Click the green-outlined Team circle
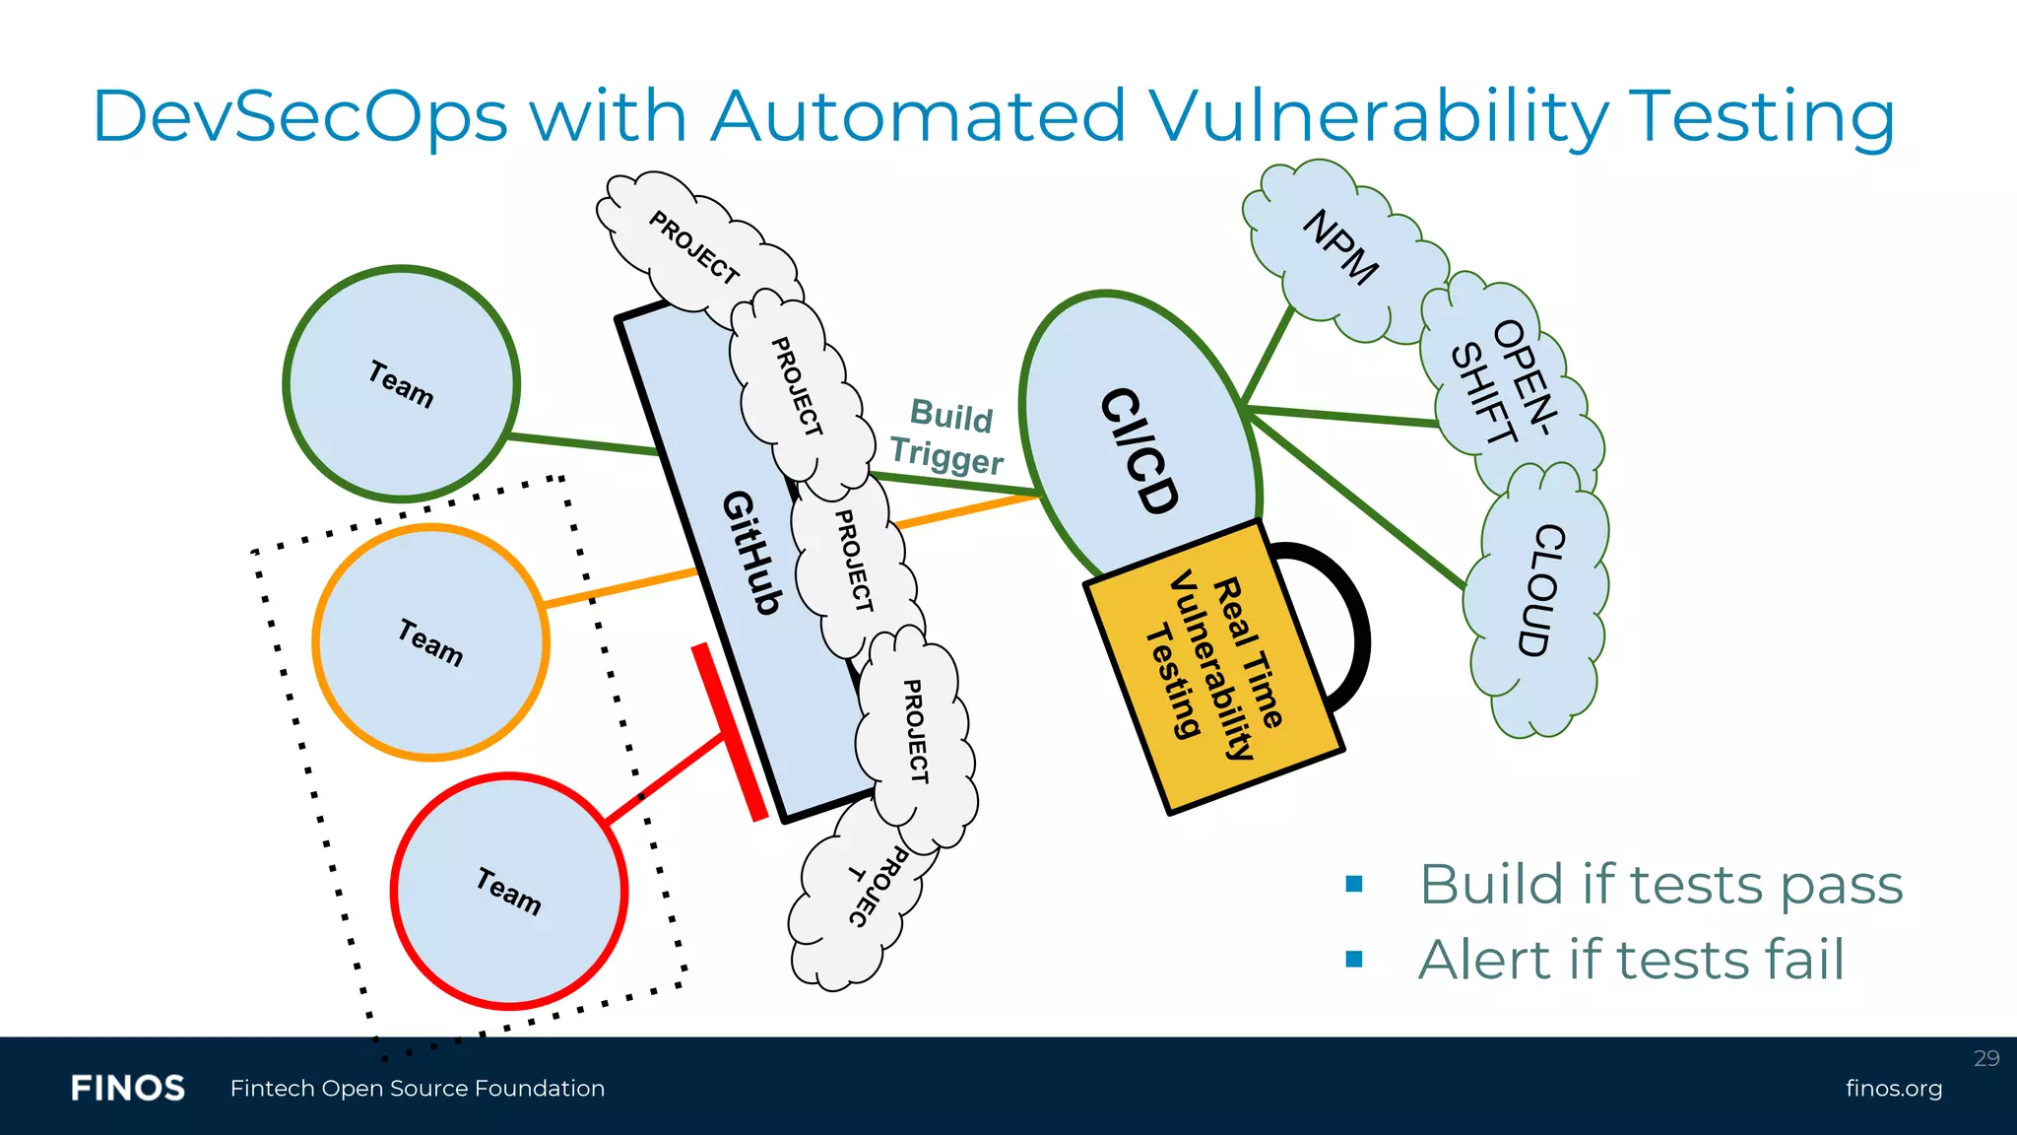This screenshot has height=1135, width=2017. coord(401,383)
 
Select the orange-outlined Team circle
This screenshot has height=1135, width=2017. coord(429,642)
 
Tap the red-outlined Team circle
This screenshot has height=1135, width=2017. coord(508,891)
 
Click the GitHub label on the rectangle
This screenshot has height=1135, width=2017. coord(752,552)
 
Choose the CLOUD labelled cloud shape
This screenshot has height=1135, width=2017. coord(1541,591)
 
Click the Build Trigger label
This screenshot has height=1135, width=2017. coord(947,437)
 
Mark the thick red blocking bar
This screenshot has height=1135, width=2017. coord(729,732)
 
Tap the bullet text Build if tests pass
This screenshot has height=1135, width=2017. coord(1660,884)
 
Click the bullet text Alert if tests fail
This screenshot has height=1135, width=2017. coord(1630,960)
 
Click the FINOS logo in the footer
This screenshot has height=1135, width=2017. coord(128,1089)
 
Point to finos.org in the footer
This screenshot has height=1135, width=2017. coord(1893,1089)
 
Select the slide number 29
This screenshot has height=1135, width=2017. coord(1985,1058)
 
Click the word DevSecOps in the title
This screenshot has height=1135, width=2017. coord(299,116)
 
